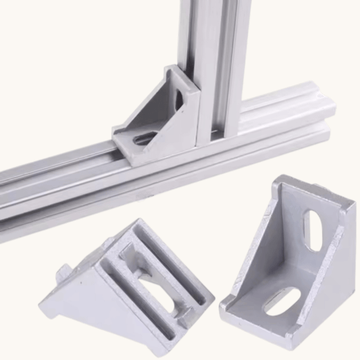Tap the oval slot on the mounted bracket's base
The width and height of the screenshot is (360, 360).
(145, 140)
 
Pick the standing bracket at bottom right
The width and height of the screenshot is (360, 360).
(290, 257)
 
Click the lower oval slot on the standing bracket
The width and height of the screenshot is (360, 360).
(282, 301)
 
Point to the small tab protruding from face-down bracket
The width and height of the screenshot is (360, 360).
(61, 274)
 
